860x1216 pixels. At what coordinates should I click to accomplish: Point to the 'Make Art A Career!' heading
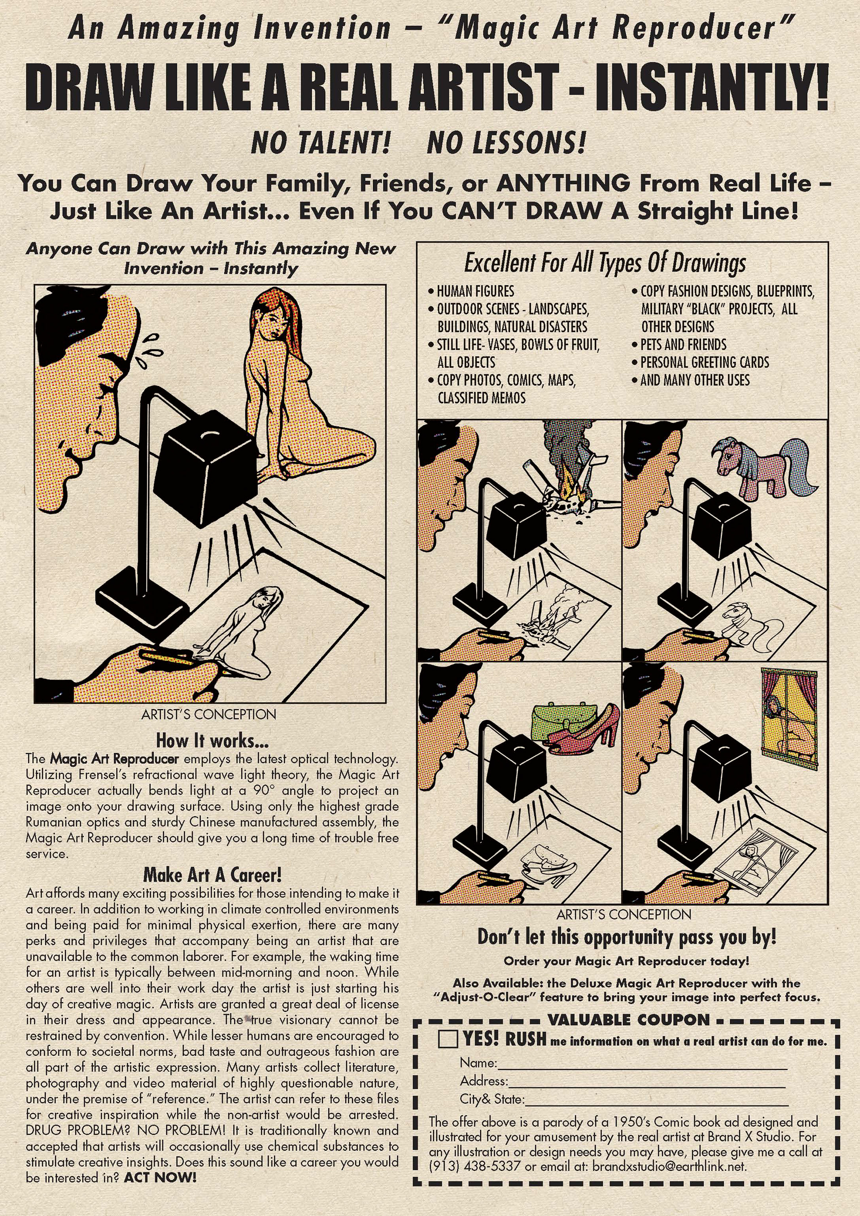(212, 875)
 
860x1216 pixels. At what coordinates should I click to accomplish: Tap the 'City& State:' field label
(492, 1099)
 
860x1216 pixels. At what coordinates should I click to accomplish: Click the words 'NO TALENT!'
(321, 143)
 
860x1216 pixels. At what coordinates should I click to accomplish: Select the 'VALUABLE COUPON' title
(628, 1019)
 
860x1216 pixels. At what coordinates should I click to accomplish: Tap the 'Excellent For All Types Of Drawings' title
(605, 263)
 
